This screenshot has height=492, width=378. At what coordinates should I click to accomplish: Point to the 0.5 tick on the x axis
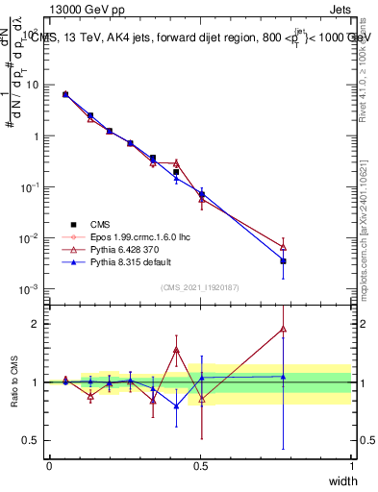coord(200,465)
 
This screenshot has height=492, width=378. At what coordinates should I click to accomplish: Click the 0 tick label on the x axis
coord(49,465)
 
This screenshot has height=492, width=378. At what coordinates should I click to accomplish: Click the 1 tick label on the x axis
coord(352,465)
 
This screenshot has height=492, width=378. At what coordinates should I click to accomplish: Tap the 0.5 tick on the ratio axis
coord(33,441)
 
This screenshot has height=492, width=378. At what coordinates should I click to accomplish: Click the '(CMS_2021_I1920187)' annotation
coord(200,286)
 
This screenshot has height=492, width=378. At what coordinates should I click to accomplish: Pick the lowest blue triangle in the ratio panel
coord(176,406)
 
